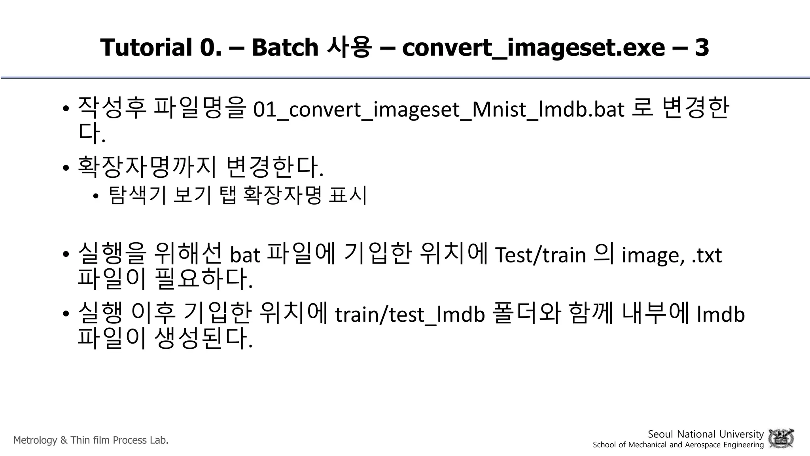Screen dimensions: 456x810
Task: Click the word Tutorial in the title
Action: click(146, 47)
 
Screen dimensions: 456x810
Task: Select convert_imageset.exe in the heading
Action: click(534, 48)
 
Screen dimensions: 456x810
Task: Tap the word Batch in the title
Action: click(285, 47)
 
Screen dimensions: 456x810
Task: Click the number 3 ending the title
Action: click(702, 47)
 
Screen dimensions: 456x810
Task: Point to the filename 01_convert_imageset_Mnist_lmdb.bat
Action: click(439, 110)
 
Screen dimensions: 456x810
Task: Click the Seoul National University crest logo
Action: click(781, 439)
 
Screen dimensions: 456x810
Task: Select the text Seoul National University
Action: click(706, 434)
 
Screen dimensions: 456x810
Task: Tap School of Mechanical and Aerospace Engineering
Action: click(678, 445)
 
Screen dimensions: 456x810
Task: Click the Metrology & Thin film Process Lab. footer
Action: click(91, 440)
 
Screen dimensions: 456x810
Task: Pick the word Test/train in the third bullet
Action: click(540, 255)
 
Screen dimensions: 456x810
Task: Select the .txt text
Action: click(707, 256)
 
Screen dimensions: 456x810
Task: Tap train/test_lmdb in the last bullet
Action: click(410, 315)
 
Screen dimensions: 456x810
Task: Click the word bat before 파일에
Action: click(245, 255)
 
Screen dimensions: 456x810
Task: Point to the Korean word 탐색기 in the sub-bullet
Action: click(137, 195)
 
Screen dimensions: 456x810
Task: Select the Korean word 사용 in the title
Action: click(349, 47)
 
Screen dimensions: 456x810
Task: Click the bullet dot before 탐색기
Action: click(95, 196)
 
